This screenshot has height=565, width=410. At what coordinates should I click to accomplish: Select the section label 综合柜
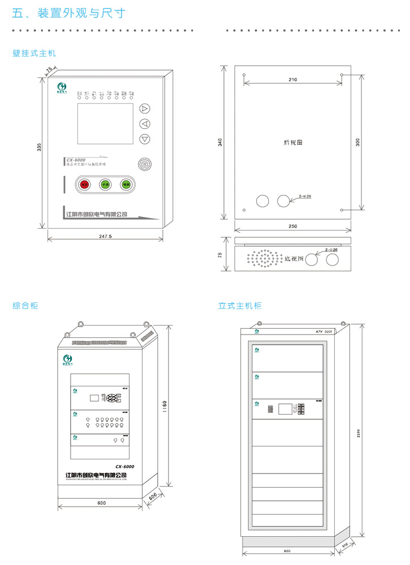click(x=25, y=306)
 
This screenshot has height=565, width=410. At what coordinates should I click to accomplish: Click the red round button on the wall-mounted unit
click(x=84, y=184)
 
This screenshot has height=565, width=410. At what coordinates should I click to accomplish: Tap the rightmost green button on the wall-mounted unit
click(x=126, y=184)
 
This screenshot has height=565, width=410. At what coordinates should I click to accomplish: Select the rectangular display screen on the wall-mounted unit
click(x=105, y=124)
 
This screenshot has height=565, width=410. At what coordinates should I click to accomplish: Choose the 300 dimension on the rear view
click(x=357, y=142)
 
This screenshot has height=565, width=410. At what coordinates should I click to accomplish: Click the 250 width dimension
click(x=292, y=227)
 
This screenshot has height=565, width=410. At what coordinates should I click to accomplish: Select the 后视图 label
click(x=292, y=142)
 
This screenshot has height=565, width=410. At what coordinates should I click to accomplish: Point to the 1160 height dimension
click(x=164, y=406)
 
